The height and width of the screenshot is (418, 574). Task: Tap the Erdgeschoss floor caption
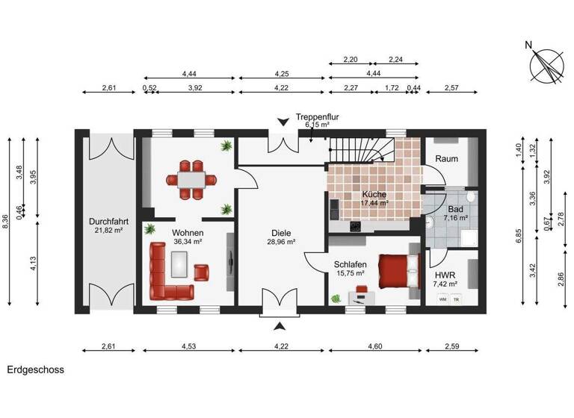pos(35,369)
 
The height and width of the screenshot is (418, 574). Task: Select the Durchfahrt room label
pos(105,222)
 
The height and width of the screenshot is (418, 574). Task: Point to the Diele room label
pos(281,232)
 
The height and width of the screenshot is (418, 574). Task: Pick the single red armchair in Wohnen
pos(202,272)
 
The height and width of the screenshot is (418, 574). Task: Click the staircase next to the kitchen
pos(357,149)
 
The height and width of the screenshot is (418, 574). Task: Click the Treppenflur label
pos(318,117)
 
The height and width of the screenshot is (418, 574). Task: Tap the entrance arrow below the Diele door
pos(281,325)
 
